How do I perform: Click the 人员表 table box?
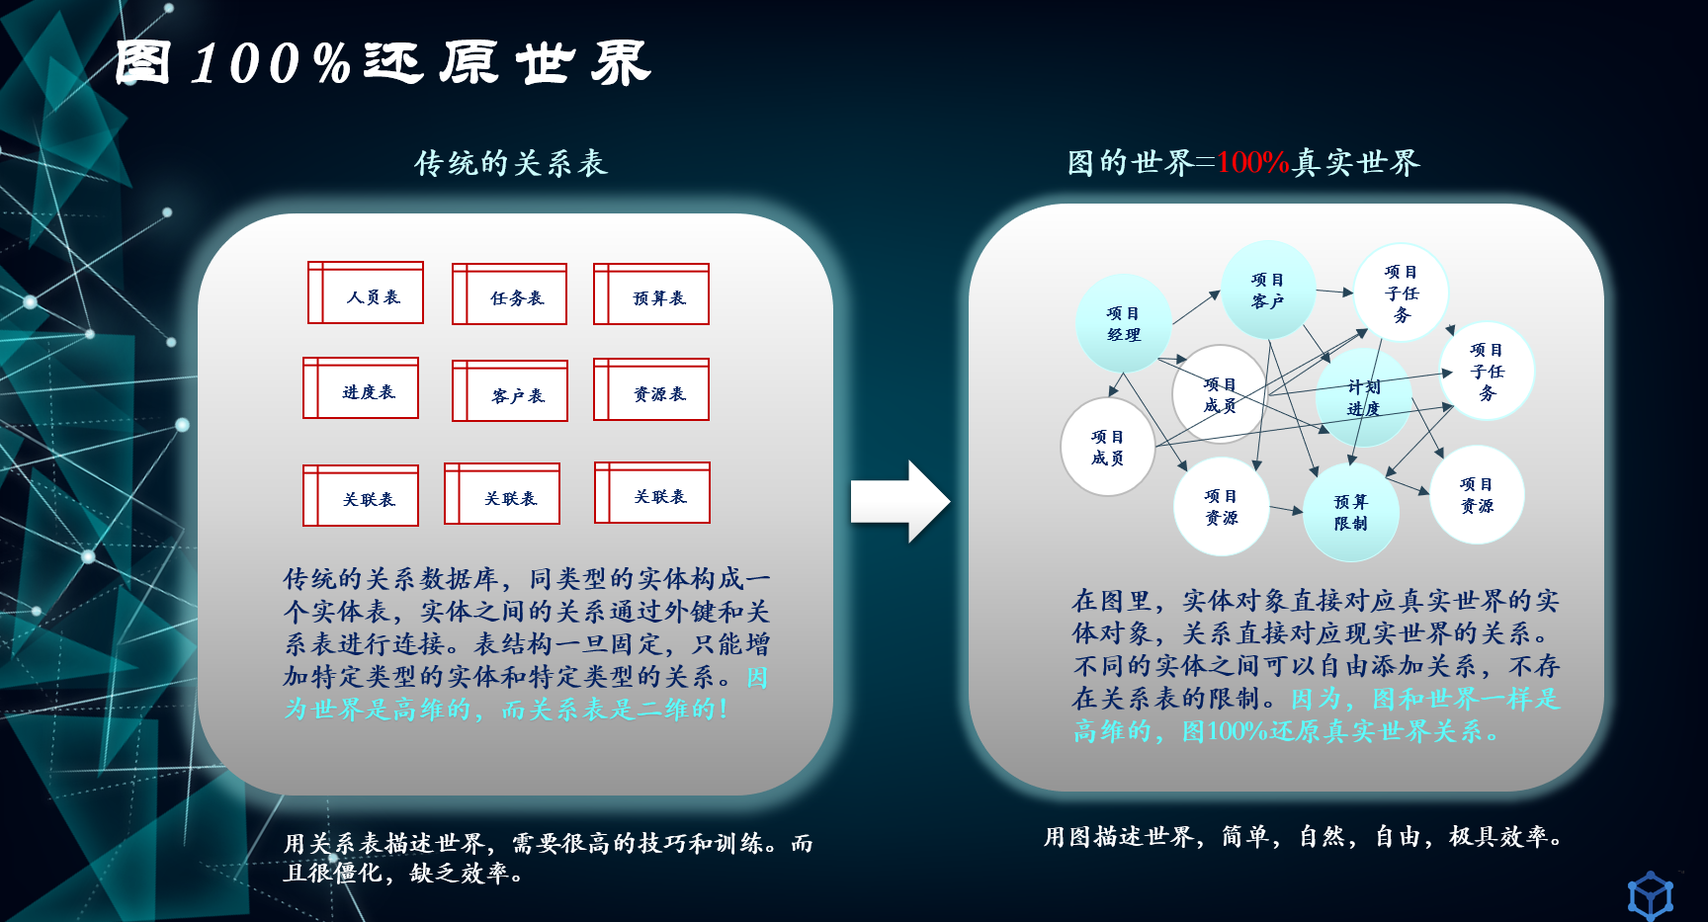click(366, 293)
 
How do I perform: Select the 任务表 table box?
click(510, 294)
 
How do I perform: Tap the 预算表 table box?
click(651, 294)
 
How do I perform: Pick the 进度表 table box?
click(361, 388)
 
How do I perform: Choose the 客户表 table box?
click(510, 391)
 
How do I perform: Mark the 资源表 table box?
click(651, 389)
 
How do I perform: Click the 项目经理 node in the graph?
click(1124, 323)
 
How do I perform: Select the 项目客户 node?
click(1268, 290)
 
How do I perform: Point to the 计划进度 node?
click(1364, 397)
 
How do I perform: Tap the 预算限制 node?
click(1351, 512)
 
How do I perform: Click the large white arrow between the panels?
click(900, 501)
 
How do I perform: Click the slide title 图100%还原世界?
click(383, 63)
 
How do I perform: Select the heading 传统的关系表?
click(511, 163)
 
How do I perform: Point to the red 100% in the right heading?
click(1252, 162)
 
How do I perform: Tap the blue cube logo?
click(1651, 895)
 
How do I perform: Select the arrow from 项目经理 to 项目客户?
click(1197, 307)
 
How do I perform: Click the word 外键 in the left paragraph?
click(688, 612)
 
